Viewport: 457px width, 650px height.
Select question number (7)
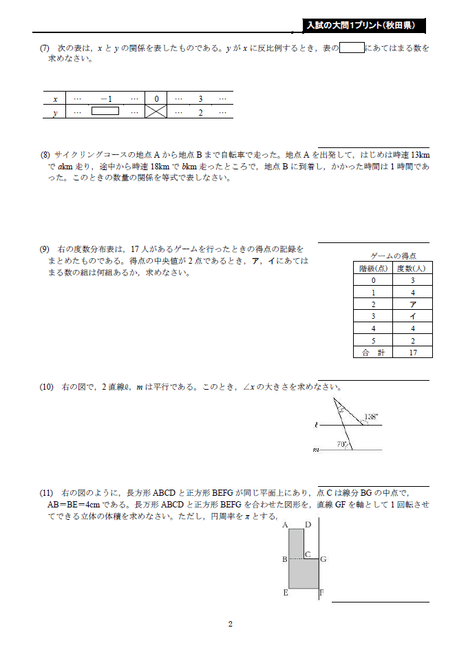pos(45,48)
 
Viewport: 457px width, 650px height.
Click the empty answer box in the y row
pos(105,111)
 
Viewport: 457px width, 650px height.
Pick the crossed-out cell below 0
pos(156,112)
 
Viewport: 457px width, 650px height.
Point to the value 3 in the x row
pos(200,99)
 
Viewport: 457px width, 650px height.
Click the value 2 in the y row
pos(200,112)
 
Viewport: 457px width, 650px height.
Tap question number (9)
pos(45,249)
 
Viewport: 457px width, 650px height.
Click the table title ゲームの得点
pos(393,255)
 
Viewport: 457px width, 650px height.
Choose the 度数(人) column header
pos(413,268)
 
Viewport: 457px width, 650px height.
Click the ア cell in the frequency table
pos(413,304)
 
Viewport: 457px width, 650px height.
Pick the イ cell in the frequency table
pos(413,316)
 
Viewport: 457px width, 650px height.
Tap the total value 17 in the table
pos(413,353)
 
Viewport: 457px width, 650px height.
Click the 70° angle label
pos(341,445)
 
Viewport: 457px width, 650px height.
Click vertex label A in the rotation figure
pos(285,525)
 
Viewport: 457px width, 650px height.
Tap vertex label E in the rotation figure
pos(285,592)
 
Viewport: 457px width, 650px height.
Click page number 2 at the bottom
pos(231,624)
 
